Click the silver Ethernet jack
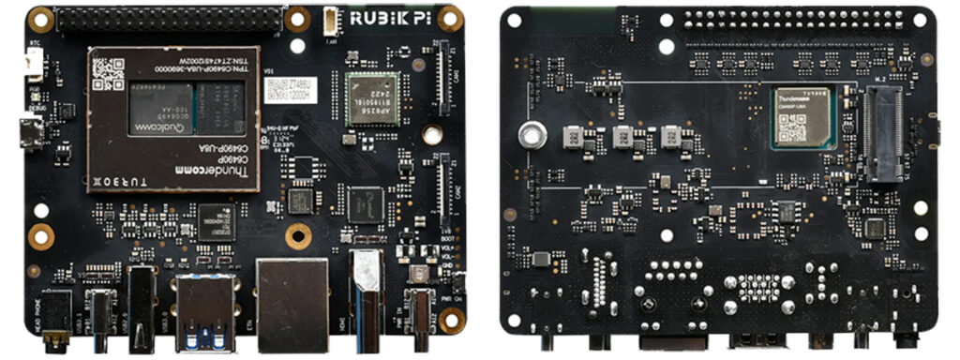click(292, 302)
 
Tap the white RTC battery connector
click(34, 64)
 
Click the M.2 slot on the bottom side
click(884, 133)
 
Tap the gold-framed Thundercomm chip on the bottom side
click(802, 116)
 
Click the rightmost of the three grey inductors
click(671, 138)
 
